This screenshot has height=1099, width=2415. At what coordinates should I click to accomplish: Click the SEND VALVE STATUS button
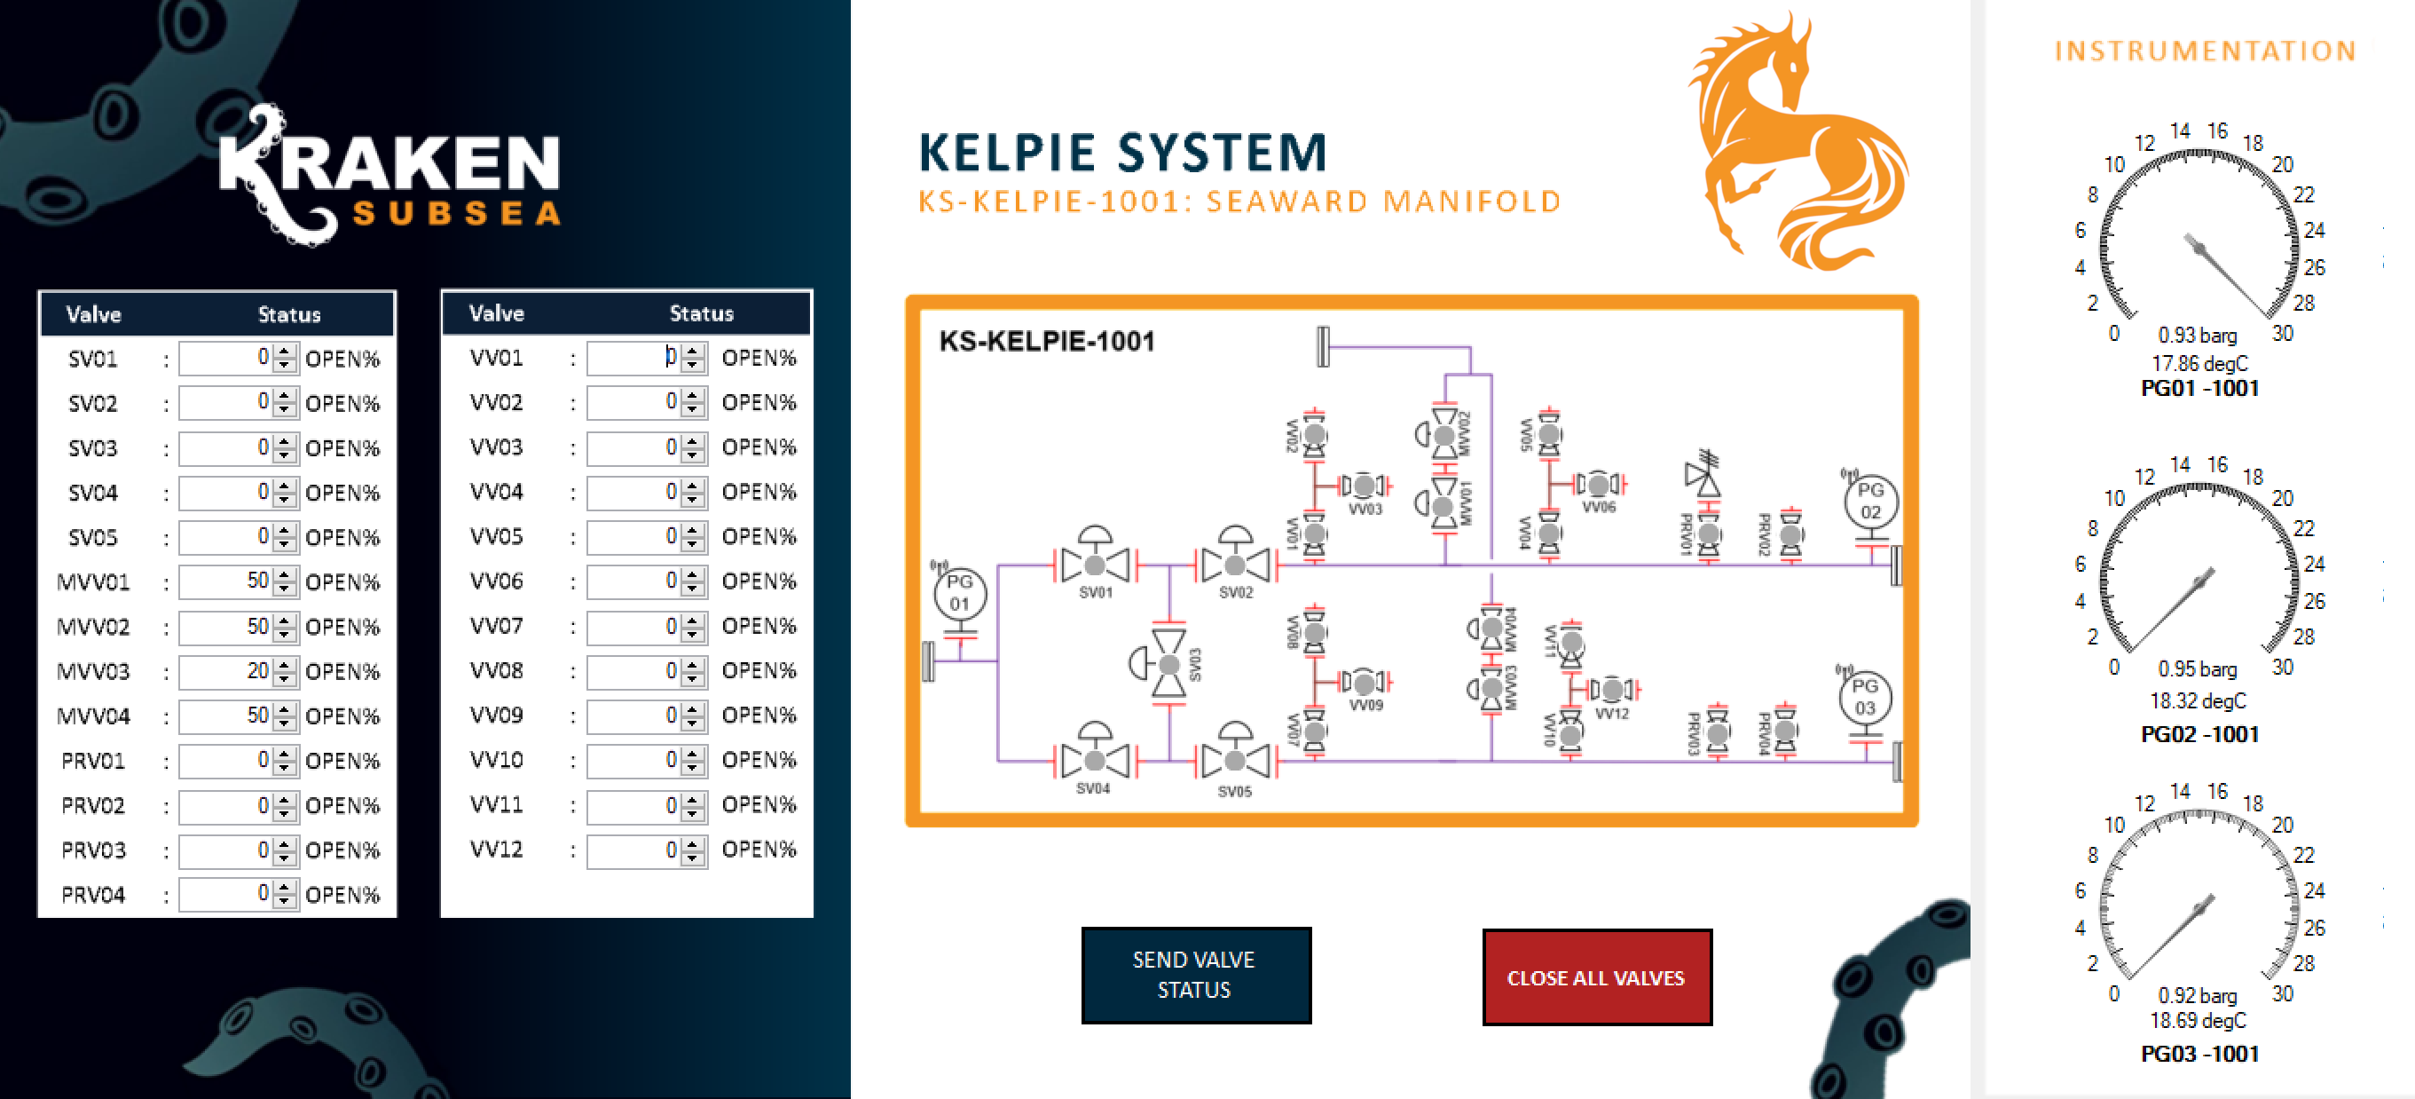pyautogui.click(x=1195, y=975)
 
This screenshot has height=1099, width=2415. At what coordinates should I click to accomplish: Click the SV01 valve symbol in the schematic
pyautogui.click(x=1094, y=564)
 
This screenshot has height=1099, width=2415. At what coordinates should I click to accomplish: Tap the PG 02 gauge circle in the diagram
pyautogui.click(x=1869, y=502)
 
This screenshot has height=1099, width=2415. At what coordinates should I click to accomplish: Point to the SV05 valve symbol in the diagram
pyautogui.click(x=1235, y=760)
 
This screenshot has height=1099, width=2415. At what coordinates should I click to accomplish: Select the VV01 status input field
pyautogui.click(x=633, y=357)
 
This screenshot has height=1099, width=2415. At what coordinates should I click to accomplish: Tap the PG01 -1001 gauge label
pyautogui.click(x=2199, y=388)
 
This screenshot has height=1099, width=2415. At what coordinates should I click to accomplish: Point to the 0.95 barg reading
pyautogui.click(x=2197, y=669)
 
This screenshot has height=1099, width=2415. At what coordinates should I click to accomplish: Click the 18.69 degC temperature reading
pyautogui.click(x=2198, y=1020)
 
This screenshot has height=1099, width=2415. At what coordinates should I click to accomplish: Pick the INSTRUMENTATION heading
pyautogui.click(x=2205, y=51)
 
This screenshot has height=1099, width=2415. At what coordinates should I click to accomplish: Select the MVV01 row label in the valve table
pyautogui.click(x=93, y=582)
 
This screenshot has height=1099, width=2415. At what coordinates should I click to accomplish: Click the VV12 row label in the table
pyautogui.click(x=496, y=850)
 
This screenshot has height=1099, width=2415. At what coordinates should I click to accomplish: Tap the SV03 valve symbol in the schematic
pyautogui.click(x=1168, y=663)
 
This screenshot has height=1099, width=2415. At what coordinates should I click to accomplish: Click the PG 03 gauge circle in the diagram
pyautogui.click(x=1865, y=698)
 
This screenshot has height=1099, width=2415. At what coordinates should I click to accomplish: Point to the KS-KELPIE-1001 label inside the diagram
pyautogui.click(x=1046, y=341)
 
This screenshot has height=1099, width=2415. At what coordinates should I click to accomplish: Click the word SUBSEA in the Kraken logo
pyautogui.click(x=457, y=214)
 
